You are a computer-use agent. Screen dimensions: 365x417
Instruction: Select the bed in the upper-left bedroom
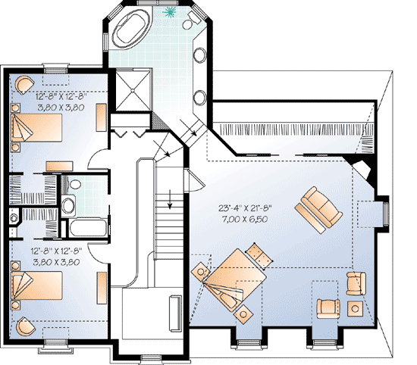(34, 124)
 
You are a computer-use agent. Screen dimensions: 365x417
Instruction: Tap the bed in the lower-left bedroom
(34, 288)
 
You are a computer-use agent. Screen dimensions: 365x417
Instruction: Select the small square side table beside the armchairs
(354, 307)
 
